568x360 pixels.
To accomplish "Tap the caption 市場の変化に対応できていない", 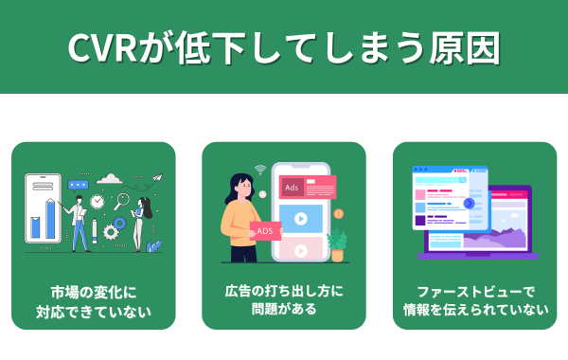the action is pyautogui.click(x=93, y=299).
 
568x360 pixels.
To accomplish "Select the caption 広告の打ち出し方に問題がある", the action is pyautogui.click(x=284, y=299).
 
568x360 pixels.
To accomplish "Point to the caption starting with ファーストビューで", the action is pyautogui.click(x=475, y=299).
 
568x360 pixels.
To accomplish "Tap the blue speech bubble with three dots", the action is pyautogui.click(x=79, y=186).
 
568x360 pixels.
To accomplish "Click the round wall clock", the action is pyautogui.click(x=98, y=203).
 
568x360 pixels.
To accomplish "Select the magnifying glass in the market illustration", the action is pyautogui.click(x=121, y=202).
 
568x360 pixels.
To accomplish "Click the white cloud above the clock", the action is pyautogui.click(x=110, y=178).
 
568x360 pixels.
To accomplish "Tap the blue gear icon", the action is pyautogui.click(x=111, y=230).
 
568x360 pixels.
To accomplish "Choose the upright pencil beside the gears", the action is pyautogui.click(x=94, y=231).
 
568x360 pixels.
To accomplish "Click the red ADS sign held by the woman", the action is pyautogui.click(x=265, y=231).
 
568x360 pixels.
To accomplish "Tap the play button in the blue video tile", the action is pyautogui.click(x=301, y=219).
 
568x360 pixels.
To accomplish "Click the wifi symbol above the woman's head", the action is pyautogui.click(x=259, y=170).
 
